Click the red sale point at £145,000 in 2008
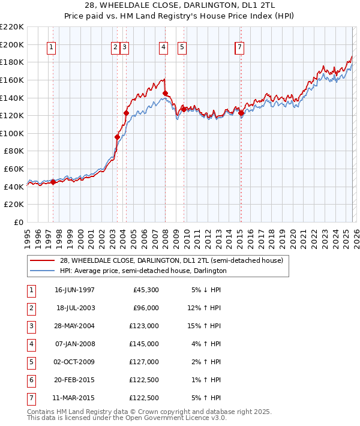pyautogui.click(x=165, y=93)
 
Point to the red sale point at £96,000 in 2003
pyautogui.click(x=118, y=137)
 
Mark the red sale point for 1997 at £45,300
pyautogui.click(x=53, y=182)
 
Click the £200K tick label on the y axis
pyautogui.click(x=12, y=44)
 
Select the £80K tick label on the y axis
pyautogui.click(x=14, y=151)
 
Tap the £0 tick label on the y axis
pyautogui.click(x=18, y=222)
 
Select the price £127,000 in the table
pyautogui.click(x=146, y=362)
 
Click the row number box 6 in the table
pyautogui.click(x=31, y=380)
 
